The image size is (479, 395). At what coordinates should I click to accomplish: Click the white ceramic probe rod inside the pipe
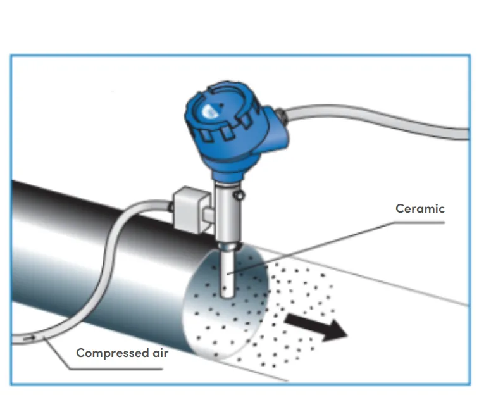click(x=227, y=272)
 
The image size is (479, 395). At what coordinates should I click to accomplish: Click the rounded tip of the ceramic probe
click(x=227, y=294)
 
